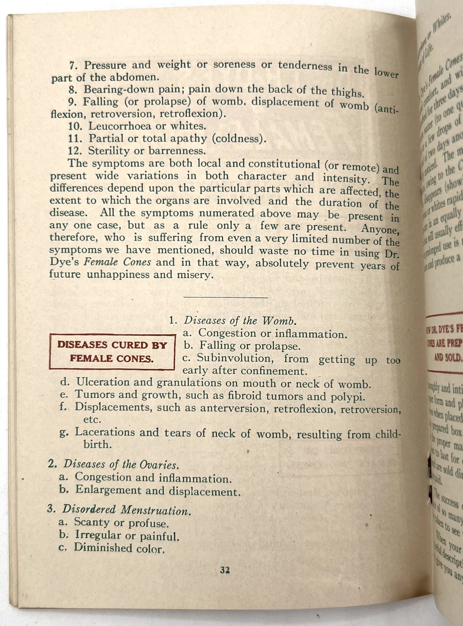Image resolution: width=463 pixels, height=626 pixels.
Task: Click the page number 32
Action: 225,571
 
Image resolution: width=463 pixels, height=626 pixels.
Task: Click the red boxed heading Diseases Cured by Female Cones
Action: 112,351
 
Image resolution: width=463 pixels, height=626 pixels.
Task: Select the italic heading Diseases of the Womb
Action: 239,321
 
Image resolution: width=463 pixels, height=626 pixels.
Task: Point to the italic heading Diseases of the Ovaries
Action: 121,464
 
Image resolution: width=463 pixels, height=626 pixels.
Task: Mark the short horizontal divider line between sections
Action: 226,297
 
